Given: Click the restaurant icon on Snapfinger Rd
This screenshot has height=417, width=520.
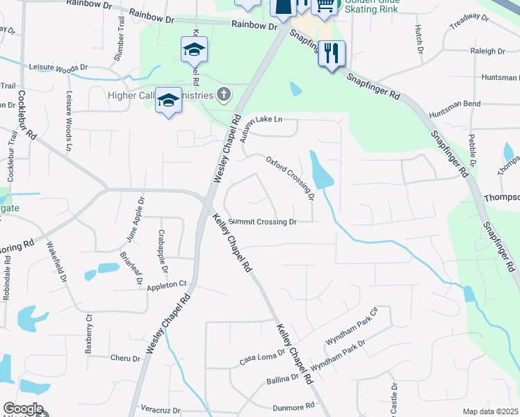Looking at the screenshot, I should tap(332, 53).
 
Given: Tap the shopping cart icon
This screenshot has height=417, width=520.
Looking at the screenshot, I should tap(325, 6).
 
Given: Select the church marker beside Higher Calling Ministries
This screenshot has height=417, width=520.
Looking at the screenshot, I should tap(223, 94).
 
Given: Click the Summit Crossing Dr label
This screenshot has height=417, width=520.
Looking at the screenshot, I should tap(263, 222).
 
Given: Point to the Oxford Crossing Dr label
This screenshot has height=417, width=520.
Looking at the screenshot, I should tap(291, 178).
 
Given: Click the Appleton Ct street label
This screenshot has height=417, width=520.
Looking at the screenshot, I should tap(167, 285).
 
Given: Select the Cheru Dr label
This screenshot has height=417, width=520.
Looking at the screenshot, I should tap(126, 358).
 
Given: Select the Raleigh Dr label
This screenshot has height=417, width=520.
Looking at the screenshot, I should tap(487, 51).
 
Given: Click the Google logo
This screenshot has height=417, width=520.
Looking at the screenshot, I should tap(23, 409).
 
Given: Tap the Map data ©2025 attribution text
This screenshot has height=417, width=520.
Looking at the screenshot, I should tap(490, 411).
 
